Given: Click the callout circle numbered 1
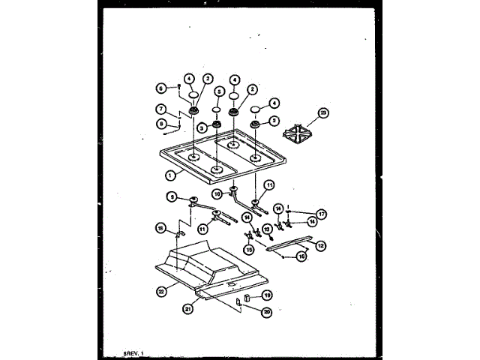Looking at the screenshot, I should click(x=170, y=175).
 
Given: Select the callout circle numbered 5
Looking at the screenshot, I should click(x=218, y=92).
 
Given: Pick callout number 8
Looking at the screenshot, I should click(x=160, y=124).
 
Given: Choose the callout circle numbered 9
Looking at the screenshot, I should click(x=172, y=197).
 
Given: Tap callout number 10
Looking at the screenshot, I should click(x=217, y=194).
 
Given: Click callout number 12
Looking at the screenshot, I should click(x=321, y=245).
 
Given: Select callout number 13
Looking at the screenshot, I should click(x=265, y=229).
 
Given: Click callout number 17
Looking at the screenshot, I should click(x=321, y=214).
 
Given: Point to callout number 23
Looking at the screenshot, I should click(x=323, y=114).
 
